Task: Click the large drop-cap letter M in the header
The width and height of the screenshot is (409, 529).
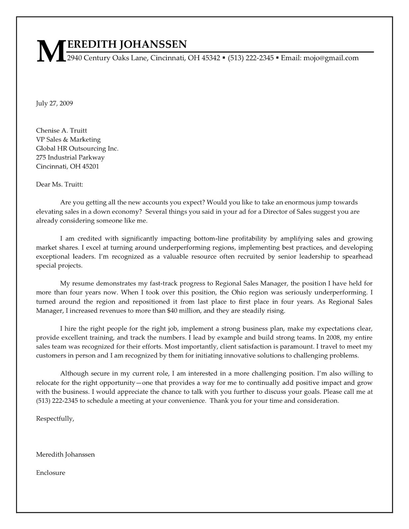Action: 50,52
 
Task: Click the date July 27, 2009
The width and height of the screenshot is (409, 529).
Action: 54,103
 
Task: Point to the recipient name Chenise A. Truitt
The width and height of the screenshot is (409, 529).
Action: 62,131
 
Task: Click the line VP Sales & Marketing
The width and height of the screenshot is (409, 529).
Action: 68,140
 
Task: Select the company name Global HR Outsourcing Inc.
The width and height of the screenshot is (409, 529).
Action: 77,148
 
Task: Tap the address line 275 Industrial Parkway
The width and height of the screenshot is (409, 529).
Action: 70,157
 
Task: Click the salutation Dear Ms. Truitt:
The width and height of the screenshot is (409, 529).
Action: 60,184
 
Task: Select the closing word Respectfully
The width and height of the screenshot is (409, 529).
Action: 55,419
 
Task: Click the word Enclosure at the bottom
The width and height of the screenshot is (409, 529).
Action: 51,473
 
